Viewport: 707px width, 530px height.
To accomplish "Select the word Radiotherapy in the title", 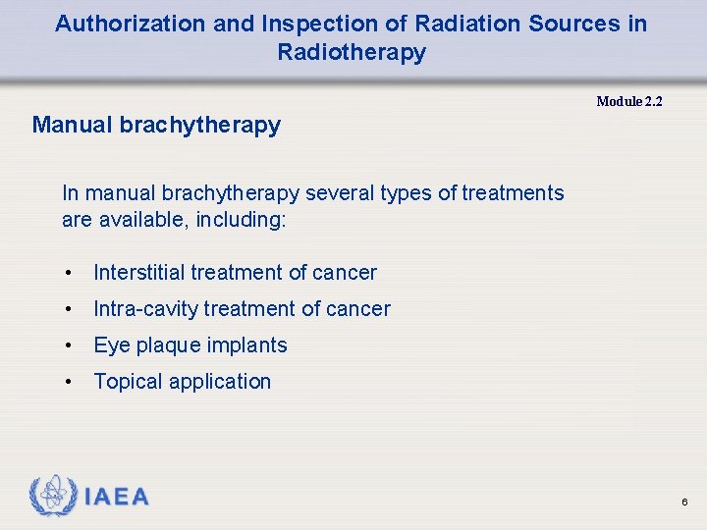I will tap(352, 52).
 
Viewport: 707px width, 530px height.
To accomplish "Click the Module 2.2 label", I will tap(629, 101).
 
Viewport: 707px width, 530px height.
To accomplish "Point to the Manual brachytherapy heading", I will tap(156, 126).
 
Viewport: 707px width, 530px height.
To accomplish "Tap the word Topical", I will tap(128, 382).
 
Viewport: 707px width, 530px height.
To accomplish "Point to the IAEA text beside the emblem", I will tap(117, 498).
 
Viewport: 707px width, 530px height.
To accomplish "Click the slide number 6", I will tap(684, 503).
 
